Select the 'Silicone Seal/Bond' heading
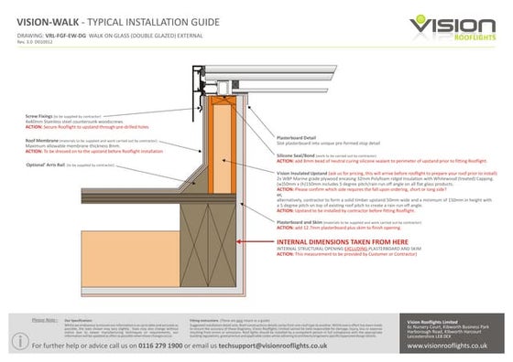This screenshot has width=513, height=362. [x=300, y=155]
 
